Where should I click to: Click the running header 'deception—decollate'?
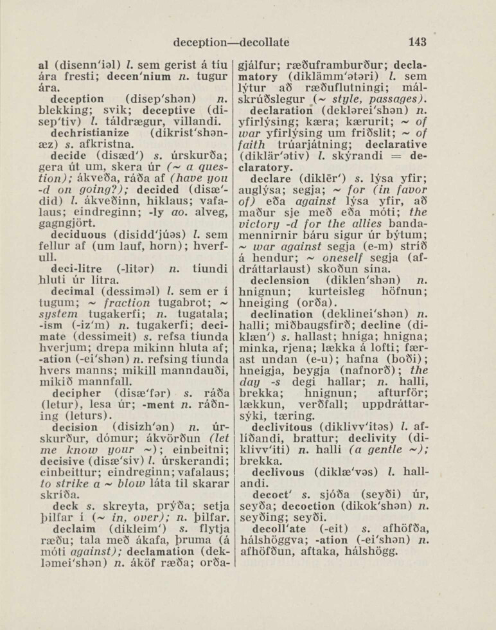(231, 43)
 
